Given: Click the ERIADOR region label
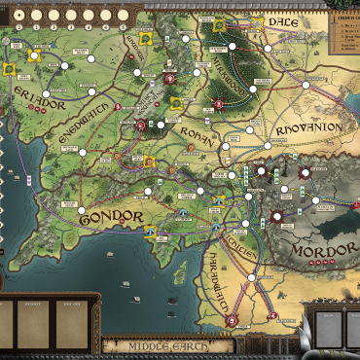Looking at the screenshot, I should coord(39,95).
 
